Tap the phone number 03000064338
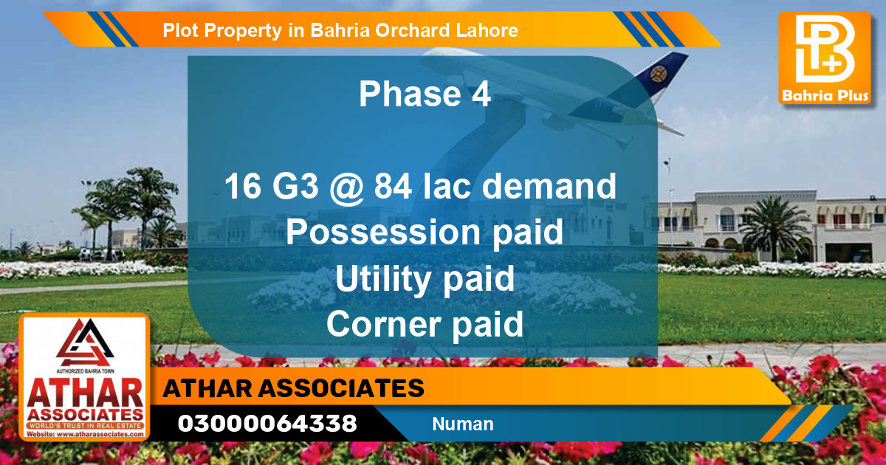coord(267,424)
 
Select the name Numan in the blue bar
coord(463,424)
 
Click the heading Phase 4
coord(425,94)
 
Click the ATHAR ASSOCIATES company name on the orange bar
coord(294,388)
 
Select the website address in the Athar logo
coord(85,435)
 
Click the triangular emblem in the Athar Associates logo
coord(84,341)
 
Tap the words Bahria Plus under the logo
coord(824,96)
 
